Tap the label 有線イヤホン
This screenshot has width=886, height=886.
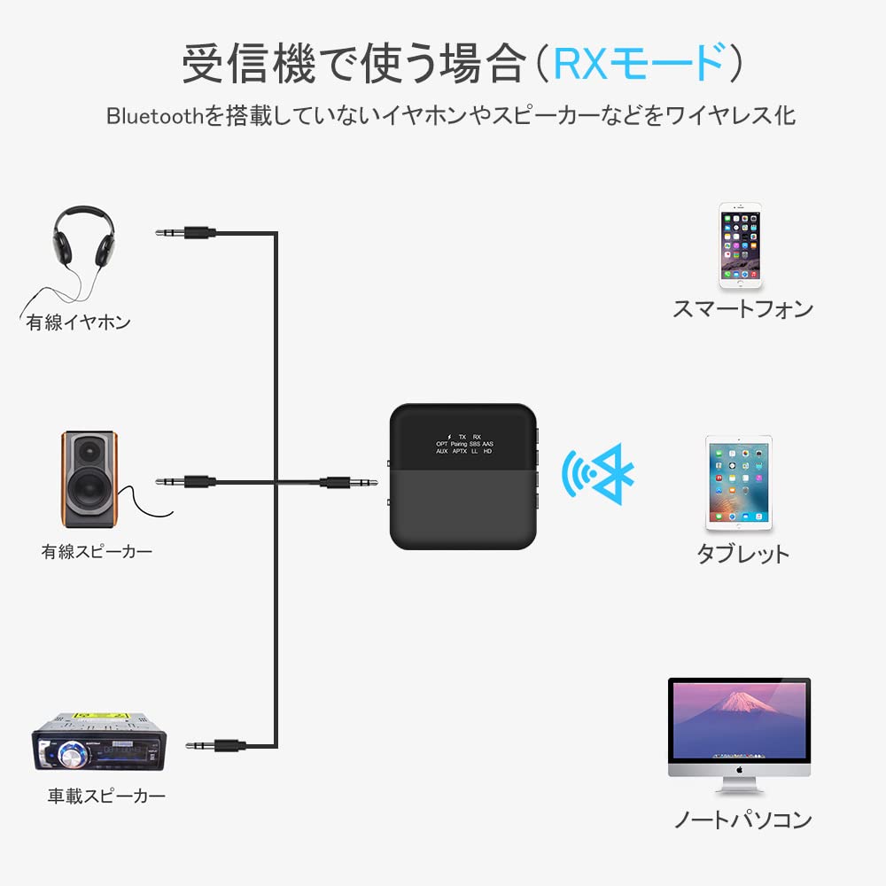[x=78, y=323]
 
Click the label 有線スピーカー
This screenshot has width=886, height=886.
[x=97, y=552]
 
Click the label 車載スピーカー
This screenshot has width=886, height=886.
[x=106, y=796]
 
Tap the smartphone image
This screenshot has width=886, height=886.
[x=740, y=245]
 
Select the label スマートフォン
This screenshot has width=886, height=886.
[x=742, y=309]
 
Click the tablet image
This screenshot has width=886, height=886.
[x=739, y=483]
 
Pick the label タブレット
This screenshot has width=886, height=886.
[x=742, y=555]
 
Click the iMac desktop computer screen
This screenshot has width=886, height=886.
[x=738, y=719]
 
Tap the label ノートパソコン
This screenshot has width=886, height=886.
[x=742, y=820]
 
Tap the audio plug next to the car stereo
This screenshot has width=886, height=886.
[x=217, y=746]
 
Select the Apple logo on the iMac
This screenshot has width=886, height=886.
[x=739, y=769]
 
